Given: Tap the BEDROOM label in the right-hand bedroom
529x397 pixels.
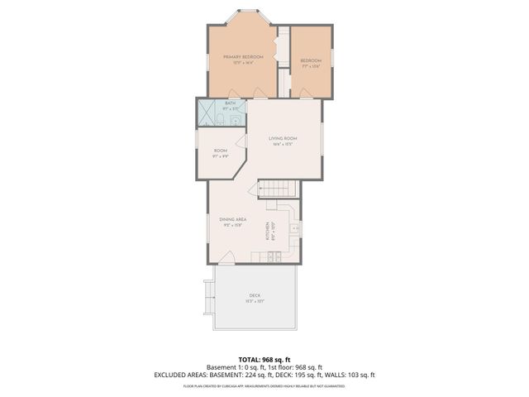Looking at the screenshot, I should click(311, 60).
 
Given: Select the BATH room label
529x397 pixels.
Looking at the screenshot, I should click(219, 103).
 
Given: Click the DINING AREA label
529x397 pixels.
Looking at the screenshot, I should click(233, 219).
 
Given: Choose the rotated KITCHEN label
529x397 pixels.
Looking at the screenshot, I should click(267, 232).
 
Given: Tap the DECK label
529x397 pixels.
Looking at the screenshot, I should click(255, 295).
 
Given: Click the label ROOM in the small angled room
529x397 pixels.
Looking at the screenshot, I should click(221, 151).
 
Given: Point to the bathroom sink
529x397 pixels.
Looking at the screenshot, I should click(236, 121).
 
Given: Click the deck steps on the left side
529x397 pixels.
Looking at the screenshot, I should click(209, 293).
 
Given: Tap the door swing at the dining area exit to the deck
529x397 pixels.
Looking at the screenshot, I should click(224, 256).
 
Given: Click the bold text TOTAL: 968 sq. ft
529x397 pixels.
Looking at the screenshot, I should click(264, 357).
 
